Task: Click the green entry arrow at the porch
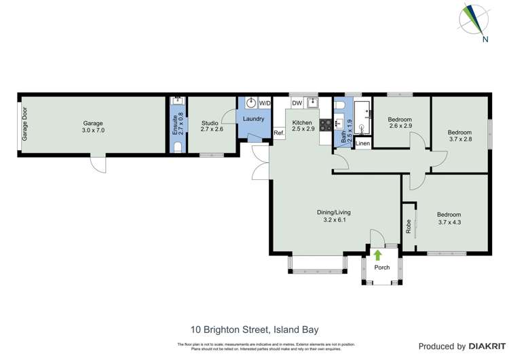pyautogui.click(x=377, y=255)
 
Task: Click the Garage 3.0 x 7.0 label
pyautogui.click(x=93, y=127)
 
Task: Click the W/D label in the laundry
pyautogui.click(x=265, y=103)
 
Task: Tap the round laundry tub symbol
pyautogui.click(x=251, y=103)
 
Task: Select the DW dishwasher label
pyautogui.click(x=297, y=103)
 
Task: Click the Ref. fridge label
pyautogui.click(x=278, y=133)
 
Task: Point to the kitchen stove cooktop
pyautogui.click(x=325, y=124)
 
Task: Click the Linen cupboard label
pyautogui.click(x=362, y=143)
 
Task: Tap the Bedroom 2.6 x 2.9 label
pyautogui.click(x=400, y=123)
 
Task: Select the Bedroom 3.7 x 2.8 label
pyautogui.click(x=459, y=136)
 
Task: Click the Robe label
pyautogui.click(x=409, y=227)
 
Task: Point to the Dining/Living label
pyautogui.click(x=335, y=216)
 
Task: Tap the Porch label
pyautogui.click(x=382, y=267)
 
